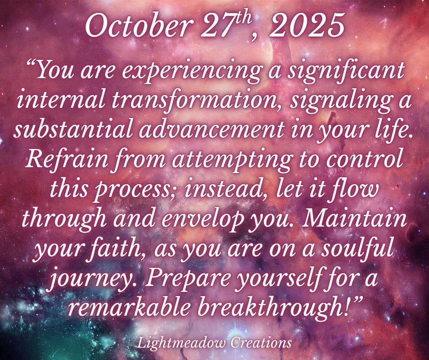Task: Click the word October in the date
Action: pyautogui.click(x=137, y=26)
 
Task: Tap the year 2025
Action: pyautogui.click(x=306, y=26)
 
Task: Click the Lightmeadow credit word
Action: pyautogui.click(x=181, y=343)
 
